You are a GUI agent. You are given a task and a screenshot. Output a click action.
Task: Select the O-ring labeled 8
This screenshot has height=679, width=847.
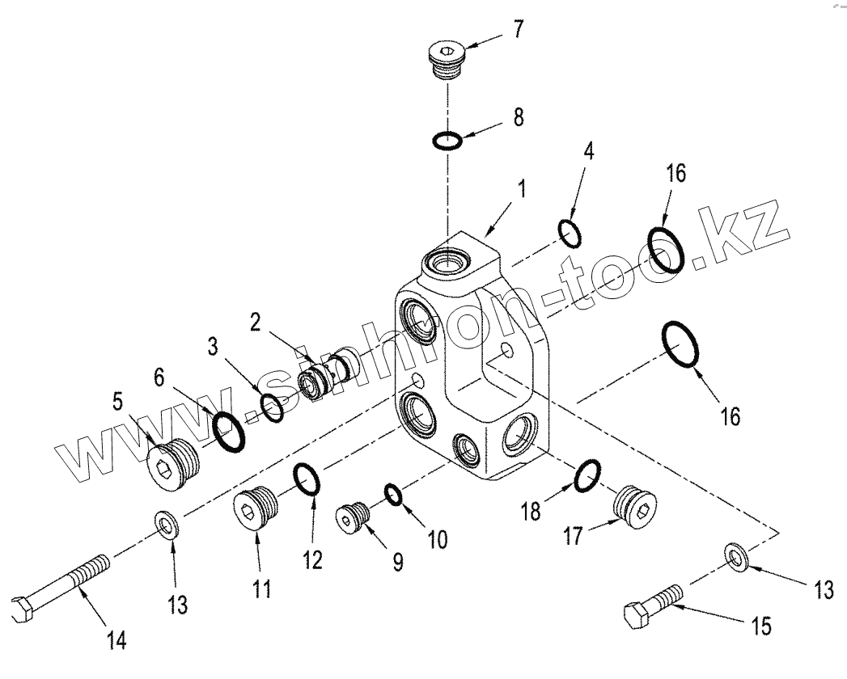[x=447, y=141]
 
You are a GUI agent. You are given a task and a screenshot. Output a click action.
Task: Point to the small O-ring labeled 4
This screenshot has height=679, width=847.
[x=570, y=233]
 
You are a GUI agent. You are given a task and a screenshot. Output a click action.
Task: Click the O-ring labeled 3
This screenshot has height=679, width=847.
[x=273, y=408]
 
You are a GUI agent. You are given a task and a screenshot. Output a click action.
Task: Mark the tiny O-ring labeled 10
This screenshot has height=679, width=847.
[x=393, y=493]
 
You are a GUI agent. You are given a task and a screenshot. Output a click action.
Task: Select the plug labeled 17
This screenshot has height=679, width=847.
[x=633, y=506]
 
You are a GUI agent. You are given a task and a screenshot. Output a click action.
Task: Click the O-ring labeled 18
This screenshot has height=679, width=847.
[x=587, y=476]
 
